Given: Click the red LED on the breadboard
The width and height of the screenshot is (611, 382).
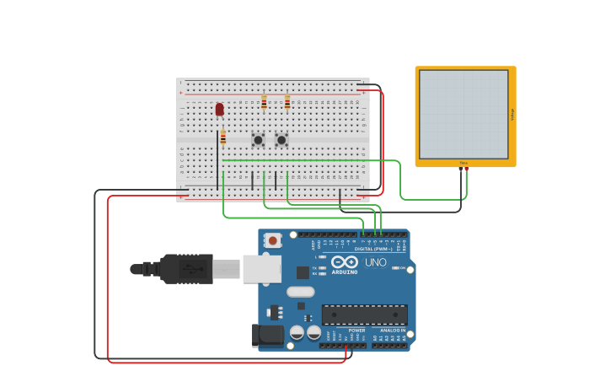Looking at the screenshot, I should (x=220, y=109).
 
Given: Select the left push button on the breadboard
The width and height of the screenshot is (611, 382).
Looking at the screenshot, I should (x=258, y=140).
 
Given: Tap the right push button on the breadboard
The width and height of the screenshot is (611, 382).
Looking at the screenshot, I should (x=281, y=140).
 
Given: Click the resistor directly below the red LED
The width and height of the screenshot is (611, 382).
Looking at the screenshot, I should (x=222, y=137).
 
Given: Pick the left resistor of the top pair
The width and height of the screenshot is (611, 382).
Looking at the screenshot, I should (x=264, y=102).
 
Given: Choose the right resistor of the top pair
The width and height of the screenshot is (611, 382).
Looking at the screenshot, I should (x=287, y=102).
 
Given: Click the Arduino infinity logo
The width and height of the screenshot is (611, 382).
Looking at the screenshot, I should (x=345, y=261).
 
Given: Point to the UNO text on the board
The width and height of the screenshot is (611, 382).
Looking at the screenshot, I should (x=376, y=262).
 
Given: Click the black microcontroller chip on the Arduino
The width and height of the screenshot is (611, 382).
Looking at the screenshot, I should (x=364, y=315).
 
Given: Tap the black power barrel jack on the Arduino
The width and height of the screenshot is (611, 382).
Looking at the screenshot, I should (x=268, y=335).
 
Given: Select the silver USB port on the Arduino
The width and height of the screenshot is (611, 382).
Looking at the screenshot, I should (x=262, y=268).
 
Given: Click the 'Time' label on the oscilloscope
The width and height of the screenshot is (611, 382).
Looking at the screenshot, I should (x=464, y=163).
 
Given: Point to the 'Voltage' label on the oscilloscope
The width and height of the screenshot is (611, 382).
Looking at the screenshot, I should (x=512, y=114).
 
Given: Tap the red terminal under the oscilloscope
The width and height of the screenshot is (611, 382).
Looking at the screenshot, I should (x=466, y=169).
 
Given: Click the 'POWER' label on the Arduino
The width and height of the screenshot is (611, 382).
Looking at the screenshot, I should (x=356, y=331).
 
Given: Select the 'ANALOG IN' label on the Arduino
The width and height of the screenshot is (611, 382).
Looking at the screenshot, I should (x=391, y=331).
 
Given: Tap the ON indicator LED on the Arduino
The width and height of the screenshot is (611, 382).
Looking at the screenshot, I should (x=395, y=268).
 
